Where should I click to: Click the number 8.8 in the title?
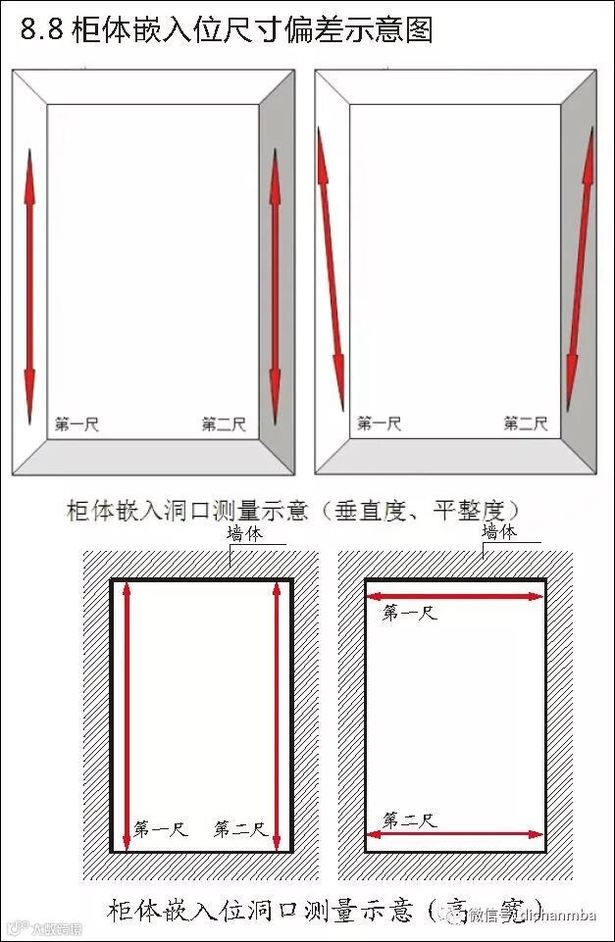click(42, 30)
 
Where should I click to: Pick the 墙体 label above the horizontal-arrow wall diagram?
click(499, 532)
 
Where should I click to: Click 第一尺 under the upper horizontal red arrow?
click(409, 613)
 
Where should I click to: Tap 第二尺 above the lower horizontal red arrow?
click(409, 820)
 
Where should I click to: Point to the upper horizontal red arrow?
click(453, 596)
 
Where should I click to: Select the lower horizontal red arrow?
click(453, 835)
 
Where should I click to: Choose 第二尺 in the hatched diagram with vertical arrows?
click(240, 829)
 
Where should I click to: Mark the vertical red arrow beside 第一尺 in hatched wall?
click(127, 716)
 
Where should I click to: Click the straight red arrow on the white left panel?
click(29, 273)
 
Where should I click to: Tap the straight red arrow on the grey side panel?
click(275, 284)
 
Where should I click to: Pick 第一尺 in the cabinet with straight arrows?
click(77, 424)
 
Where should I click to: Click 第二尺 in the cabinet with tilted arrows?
click(525, 423)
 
